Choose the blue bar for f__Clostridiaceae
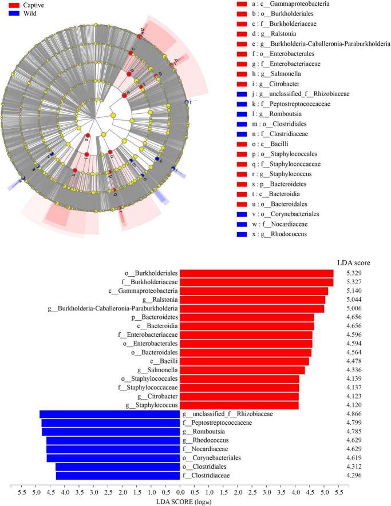click(x=118, y=475)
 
